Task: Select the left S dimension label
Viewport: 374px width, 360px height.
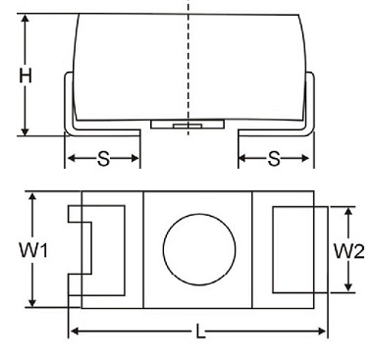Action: click(x=103, y=158)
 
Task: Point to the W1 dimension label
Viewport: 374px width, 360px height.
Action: click(x=32, y=250)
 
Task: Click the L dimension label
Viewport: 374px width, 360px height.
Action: click(x=200, y=333)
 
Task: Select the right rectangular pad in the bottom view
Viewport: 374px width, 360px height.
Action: click(x=293, y=249)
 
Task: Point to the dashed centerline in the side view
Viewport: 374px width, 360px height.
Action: click(x=188, y=59)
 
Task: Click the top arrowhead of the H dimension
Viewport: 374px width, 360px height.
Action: click(x=24, y=22)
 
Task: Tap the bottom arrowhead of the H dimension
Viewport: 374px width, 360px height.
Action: click(x=24, y=130)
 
